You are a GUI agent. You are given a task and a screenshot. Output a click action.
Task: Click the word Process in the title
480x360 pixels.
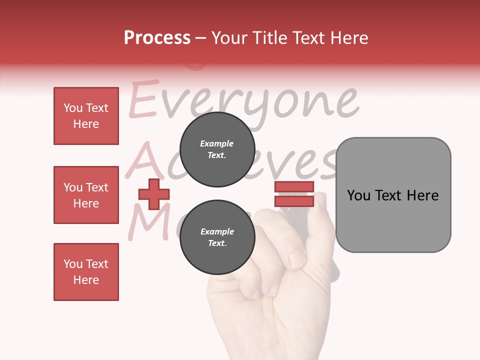(x=157, y=38)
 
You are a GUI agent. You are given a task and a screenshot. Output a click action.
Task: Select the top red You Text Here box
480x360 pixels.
(x=86, y=116)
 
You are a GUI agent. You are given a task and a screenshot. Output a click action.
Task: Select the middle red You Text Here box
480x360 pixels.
(x=86, y=195)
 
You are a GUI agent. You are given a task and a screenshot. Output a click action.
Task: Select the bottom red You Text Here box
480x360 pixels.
(x=86, y=272)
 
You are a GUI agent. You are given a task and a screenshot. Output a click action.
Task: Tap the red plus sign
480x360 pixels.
(x=153, y=194)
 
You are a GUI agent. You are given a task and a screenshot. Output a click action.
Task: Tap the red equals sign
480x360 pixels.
(x=294, y=194)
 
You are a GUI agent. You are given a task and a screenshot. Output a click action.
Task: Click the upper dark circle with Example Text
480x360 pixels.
(x=217, y=149)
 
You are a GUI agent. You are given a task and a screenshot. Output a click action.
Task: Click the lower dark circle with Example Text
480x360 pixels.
(x=217, y=237)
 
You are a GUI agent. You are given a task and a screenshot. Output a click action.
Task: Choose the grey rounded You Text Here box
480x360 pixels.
(x=393, y=195)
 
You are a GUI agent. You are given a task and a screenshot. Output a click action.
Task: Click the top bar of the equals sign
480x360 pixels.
(x=294, y=187)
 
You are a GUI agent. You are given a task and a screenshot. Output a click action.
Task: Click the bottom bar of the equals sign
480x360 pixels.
(x=294, y=201)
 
